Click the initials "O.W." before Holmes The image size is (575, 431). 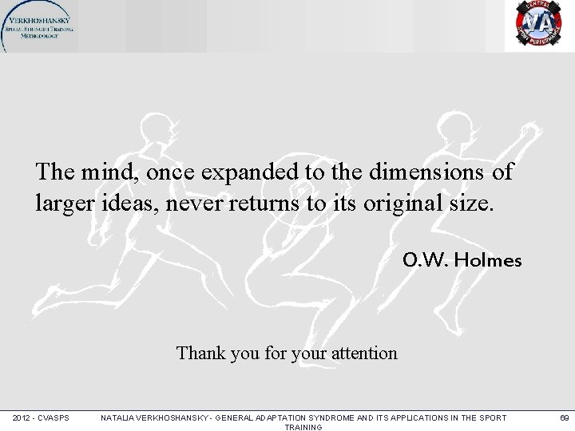(x=426, y=260)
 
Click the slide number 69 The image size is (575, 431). (x=563, y=417)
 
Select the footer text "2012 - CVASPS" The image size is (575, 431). (x=41, y=417)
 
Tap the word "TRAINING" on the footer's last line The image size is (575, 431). (x=303, y=427)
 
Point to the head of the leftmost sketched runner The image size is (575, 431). (x=154, y=127)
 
